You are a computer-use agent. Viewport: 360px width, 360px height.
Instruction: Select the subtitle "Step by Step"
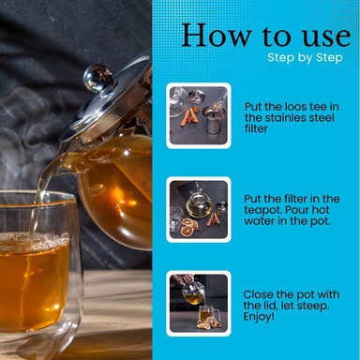pyautogui.click(x=305, y=58)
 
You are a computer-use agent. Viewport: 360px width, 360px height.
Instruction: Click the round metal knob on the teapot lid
pyautogui.click(x=97, y=78)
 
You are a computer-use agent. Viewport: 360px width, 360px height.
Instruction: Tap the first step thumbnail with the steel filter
pyautogui.click(x=199, y=115)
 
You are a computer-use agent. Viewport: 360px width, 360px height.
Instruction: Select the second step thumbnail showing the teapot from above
pyautogui.click(x=199, y=209)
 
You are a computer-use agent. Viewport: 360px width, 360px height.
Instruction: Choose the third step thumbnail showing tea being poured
pyautogui.click(x=199, y=304)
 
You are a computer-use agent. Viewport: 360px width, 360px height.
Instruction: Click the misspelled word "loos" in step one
pyautogui.click(x=296, y=107)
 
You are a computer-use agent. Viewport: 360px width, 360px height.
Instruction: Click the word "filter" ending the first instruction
pyautogui.click(x=256, y=128)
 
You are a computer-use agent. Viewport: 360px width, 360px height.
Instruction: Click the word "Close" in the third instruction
pyautogui.click(x=258, y=294)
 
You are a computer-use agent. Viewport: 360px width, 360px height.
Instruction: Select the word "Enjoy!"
pyautogui.click(x=259, y=317)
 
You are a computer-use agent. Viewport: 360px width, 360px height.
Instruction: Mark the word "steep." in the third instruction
pyautogui.click(x=313, y=306)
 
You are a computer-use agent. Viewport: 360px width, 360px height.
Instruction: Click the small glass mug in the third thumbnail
pyautogui.click(x=207, y=314)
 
